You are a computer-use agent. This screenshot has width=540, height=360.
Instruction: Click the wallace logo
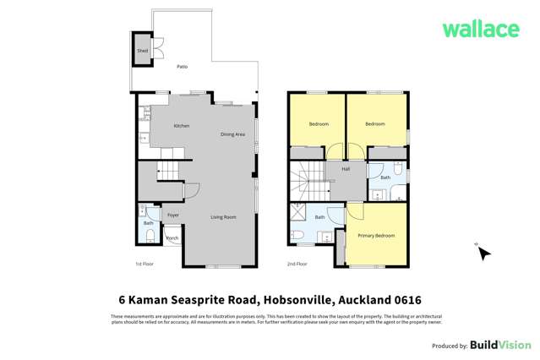[x=481, y=29]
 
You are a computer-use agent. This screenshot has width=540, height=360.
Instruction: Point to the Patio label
[x=182, y=64]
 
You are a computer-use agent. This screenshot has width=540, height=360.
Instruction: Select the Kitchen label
[x=181, y=126]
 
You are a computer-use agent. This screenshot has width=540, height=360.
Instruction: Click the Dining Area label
[x=232, y=134]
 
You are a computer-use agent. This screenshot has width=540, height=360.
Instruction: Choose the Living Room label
[x=223, y=217]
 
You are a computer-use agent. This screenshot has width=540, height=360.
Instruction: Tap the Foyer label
[x=172, y=215]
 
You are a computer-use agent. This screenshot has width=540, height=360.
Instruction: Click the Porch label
[x=172, y=238]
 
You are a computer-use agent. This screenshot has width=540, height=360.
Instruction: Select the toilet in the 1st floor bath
[x=149, y=236]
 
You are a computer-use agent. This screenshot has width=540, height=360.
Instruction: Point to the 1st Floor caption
[x=143, y=264]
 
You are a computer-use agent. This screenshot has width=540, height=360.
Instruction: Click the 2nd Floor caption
[x=297, y=264]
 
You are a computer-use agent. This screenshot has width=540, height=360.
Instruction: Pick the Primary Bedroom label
[x=376, y=234]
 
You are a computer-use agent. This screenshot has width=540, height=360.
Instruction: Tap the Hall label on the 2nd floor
[x=346, y=169]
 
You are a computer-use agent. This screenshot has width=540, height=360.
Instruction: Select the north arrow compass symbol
[x=484, y=252]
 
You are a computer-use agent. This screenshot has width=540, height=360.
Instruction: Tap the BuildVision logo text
[x=500, y=346]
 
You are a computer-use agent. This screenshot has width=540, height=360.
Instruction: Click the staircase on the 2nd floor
[x=308, y=181]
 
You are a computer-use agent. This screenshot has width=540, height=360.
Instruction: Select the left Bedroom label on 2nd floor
[x=318, y=124]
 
